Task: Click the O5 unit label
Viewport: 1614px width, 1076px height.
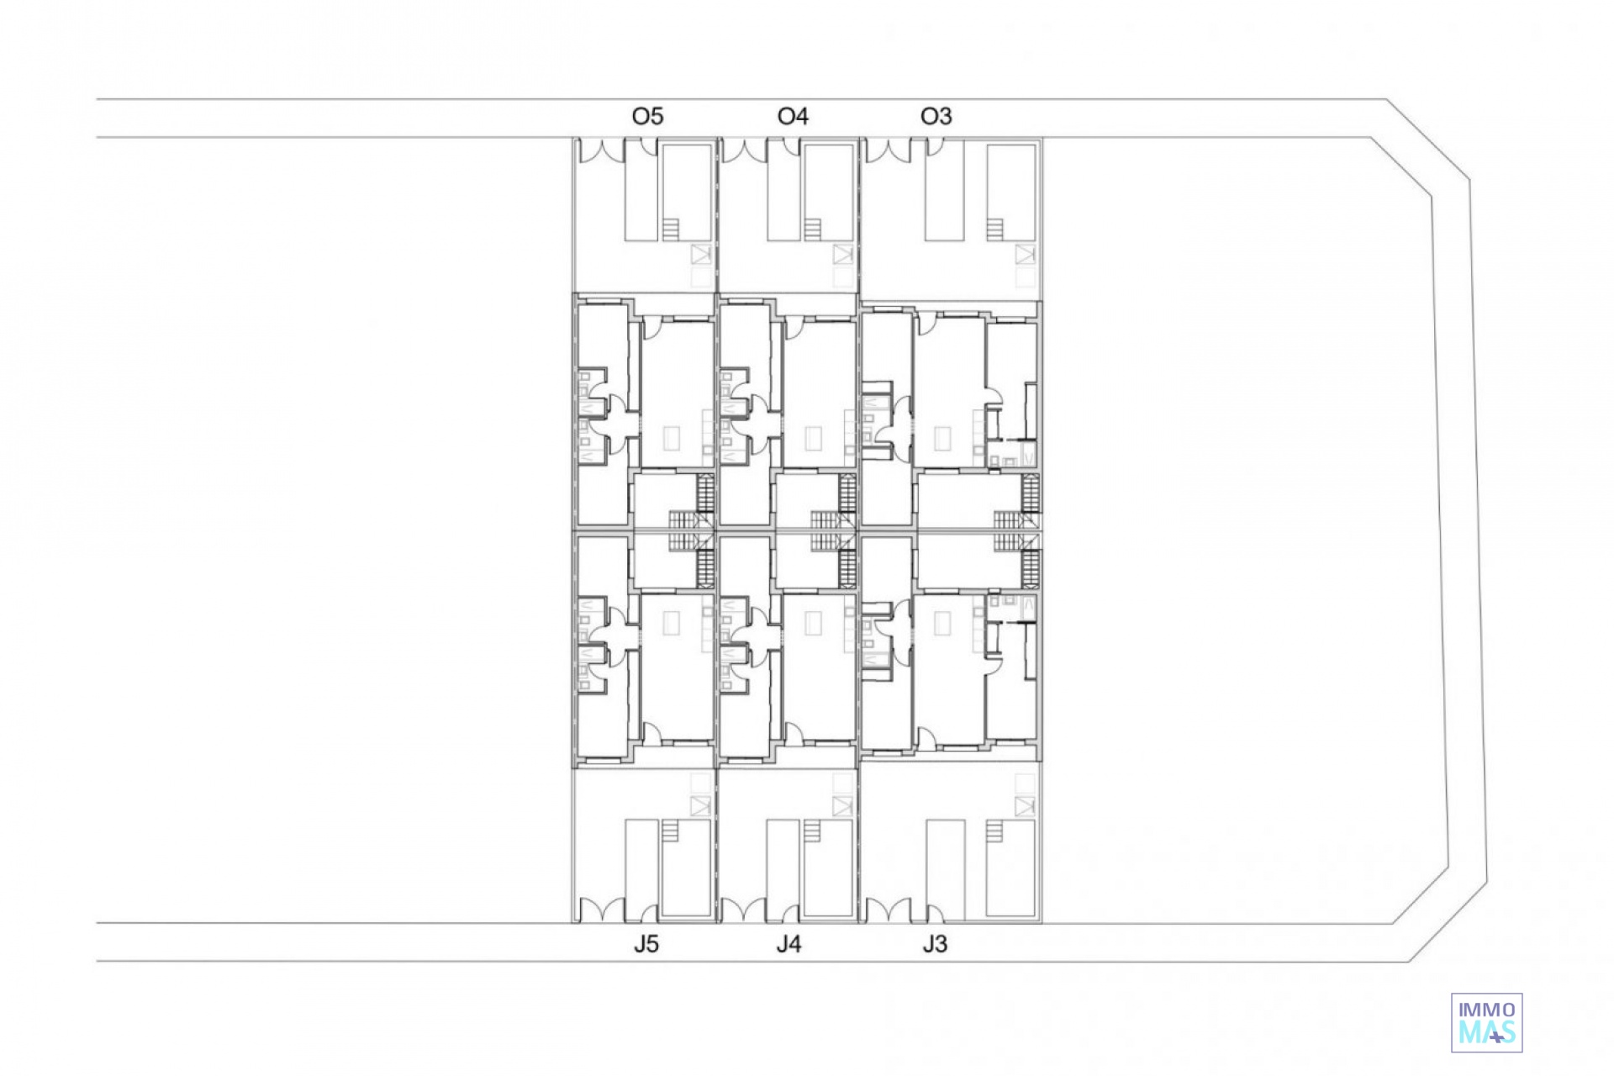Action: click(x=647, y=116)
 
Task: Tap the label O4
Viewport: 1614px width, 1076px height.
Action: click(x=793, y=116)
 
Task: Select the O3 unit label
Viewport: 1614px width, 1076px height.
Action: click(x=936, y=116)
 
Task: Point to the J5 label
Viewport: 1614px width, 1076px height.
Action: click(x=646, y=944)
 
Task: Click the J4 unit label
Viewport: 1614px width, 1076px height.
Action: click(x=789, y=944)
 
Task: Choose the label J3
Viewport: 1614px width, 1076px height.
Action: click(x=935, y=944)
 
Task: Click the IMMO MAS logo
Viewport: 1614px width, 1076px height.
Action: click(x=1487, y=1022)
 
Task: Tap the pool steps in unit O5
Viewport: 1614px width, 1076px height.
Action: click(x=670, y=229)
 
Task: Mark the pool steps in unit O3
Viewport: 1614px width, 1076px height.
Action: click(x=995, y=229)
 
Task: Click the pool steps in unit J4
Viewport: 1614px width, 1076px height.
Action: click(x=811, y=831)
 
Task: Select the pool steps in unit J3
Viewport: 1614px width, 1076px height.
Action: click(x=995, y=831)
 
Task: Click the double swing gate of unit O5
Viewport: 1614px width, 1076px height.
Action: click(x=600, y=150)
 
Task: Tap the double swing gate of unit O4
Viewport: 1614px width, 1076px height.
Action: click(x=744, y=150)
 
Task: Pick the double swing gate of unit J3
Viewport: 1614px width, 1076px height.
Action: click(x=888, y=910)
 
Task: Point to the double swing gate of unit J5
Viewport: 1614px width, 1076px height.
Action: click(x=600, y=910)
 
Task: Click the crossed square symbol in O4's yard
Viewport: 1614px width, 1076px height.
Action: click(x=843, y=254)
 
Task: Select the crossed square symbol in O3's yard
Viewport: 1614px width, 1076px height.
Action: click(x=1025, y=254)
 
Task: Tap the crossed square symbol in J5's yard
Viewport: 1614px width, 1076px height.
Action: click(x=700, y=806)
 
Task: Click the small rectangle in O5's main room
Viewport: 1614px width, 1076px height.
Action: click(x=671, y=438)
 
